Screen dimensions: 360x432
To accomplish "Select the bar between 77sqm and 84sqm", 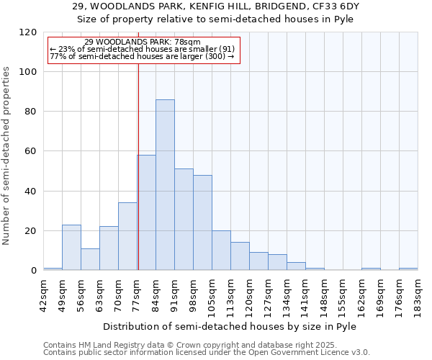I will (x=146, y=212).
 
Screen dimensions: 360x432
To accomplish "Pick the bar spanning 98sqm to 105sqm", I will (x=202, y=222).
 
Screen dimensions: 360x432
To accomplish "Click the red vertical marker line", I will (x=138, y=166).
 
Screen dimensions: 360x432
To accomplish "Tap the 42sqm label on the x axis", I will (x=43, y=292).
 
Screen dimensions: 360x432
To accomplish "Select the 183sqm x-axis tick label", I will (x=418, y=292).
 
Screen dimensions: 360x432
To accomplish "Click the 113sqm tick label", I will (x=230, y=292).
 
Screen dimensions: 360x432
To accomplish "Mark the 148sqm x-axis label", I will (x=324, y=292).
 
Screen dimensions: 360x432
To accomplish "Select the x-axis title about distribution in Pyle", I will (x=230, y=326).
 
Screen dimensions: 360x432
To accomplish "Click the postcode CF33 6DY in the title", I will (x=333, y=6).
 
